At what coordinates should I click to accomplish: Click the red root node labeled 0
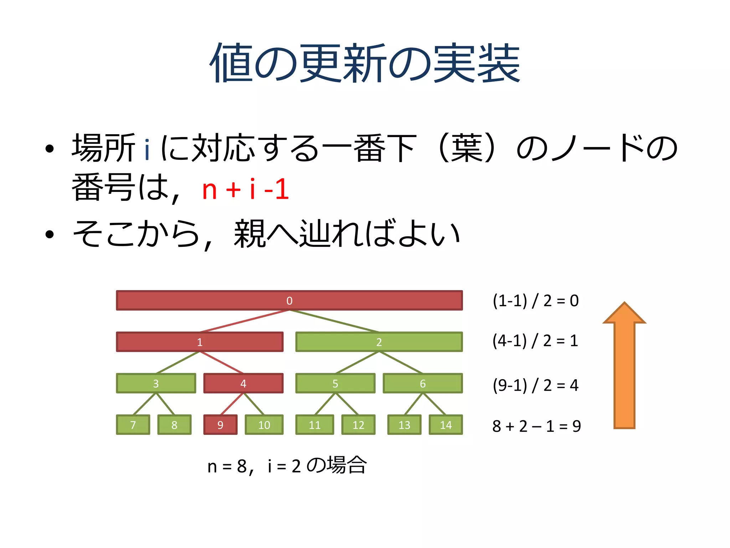289,300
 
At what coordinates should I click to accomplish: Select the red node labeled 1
200,342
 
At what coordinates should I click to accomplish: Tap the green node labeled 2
379,342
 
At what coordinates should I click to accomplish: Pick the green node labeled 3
156,383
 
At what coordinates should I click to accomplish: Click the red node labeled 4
243,383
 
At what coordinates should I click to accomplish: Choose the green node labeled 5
335,383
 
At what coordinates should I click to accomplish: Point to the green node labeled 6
422,383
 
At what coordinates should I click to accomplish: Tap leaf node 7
133,425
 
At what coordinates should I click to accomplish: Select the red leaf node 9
220,425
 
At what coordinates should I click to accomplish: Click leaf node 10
264,425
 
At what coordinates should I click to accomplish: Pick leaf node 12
358,425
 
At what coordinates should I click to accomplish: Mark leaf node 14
446,425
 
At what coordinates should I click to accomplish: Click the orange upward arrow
624,367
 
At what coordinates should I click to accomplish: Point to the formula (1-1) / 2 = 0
535,301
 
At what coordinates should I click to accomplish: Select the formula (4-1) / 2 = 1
535,341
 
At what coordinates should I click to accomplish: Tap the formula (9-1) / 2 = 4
535,385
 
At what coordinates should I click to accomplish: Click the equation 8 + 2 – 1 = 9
536,426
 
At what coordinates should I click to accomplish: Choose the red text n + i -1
245,189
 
